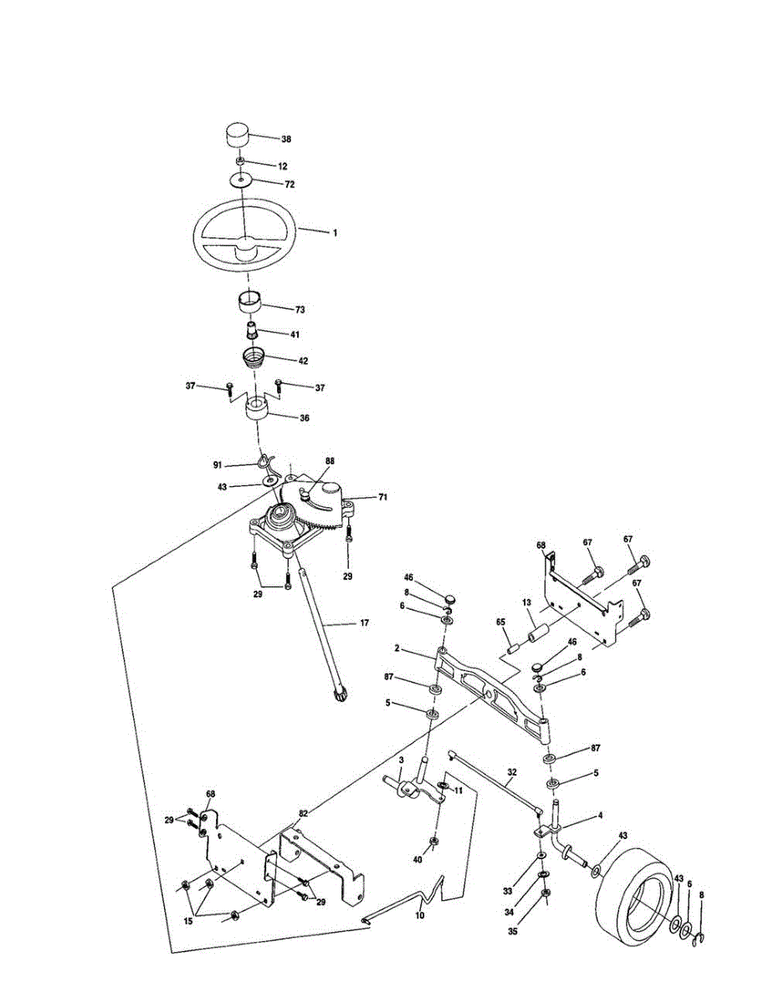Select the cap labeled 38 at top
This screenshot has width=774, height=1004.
[x=237, y=134]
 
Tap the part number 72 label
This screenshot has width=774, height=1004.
[x=290, y=182]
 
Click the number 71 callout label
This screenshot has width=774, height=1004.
[x=382, y=497]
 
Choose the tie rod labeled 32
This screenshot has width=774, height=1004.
[x=494, y=778]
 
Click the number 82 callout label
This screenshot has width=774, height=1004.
[x=304, y=812]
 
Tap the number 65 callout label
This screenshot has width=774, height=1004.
[x=501, y=622]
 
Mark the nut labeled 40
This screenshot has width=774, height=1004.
[x=434, y=840]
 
